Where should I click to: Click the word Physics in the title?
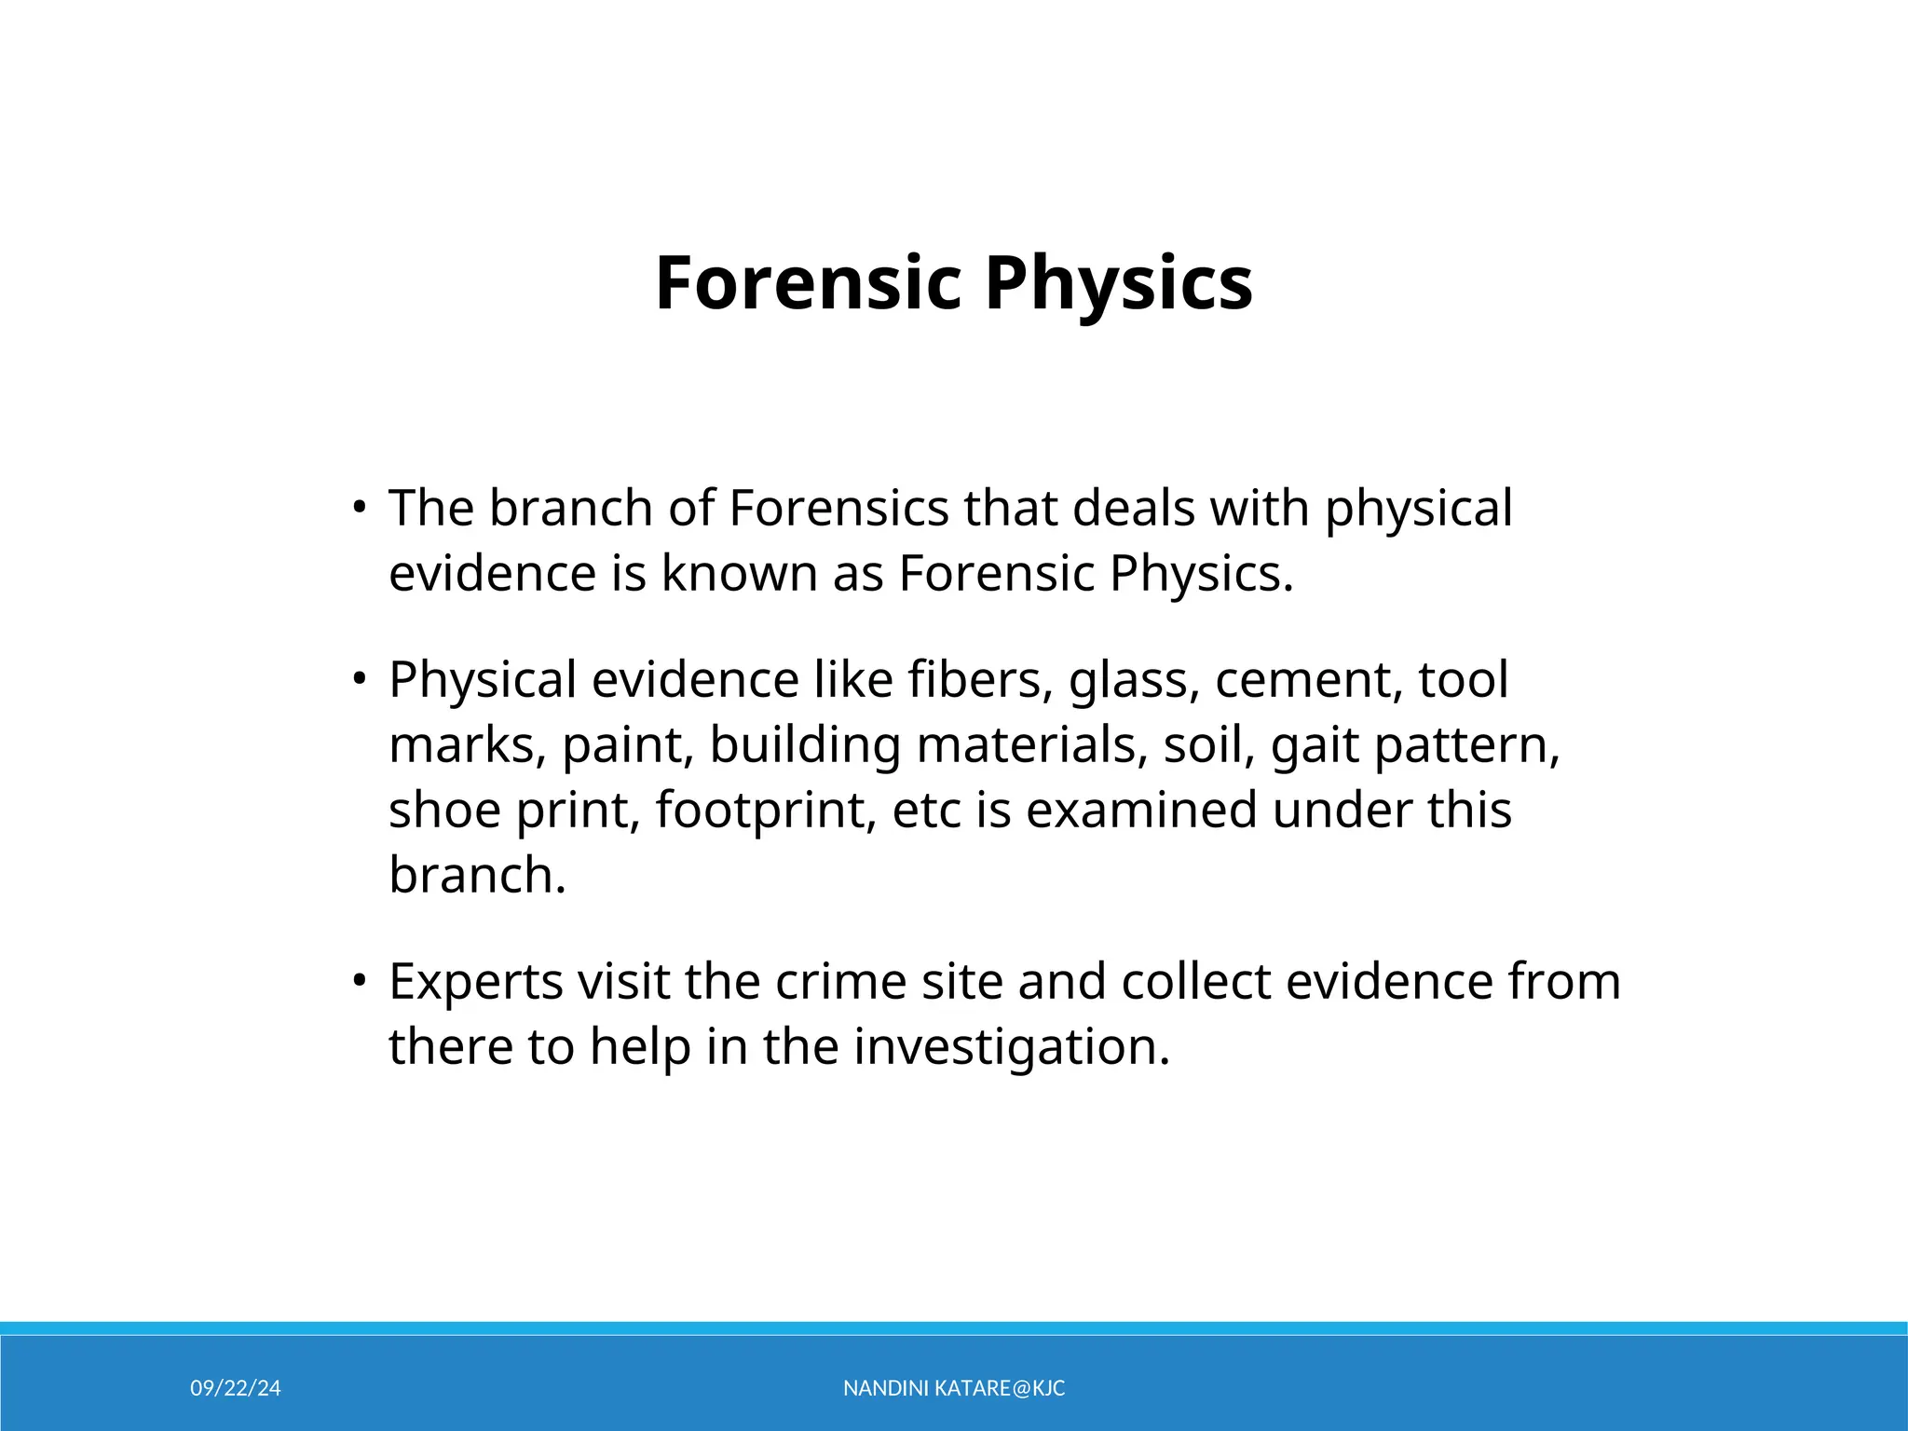(x=1118, y=283)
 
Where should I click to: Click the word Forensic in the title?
(x=808, y=283)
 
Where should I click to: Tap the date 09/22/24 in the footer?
(x=236, y=1388)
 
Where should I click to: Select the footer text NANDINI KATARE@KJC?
(x=954, y=1388)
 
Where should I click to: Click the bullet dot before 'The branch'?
(x=359, y=509)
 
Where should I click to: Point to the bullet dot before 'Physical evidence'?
(x=359, y=680)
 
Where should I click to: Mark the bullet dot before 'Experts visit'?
(x=359, y=982)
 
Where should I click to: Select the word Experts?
(x=475, y=982)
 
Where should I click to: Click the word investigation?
(x=1011, y=1047)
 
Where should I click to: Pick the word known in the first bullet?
(x=740, y=574)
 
